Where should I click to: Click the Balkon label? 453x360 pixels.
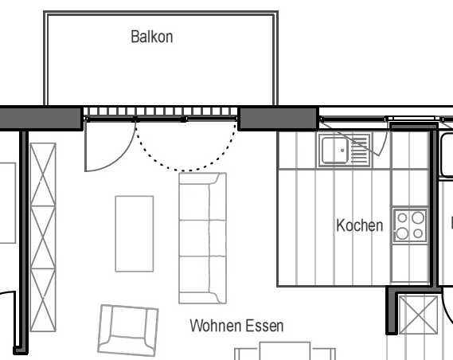152,37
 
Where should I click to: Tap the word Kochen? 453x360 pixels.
360,225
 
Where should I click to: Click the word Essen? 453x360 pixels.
264,327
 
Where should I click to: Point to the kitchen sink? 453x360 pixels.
344,150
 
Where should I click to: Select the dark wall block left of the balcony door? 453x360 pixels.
41,119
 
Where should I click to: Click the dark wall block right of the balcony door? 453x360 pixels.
278,119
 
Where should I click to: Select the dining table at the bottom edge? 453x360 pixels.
284,351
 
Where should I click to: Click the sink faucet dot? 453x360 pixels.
340,149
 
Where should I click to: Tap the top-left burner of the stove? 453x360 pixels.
403,216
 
